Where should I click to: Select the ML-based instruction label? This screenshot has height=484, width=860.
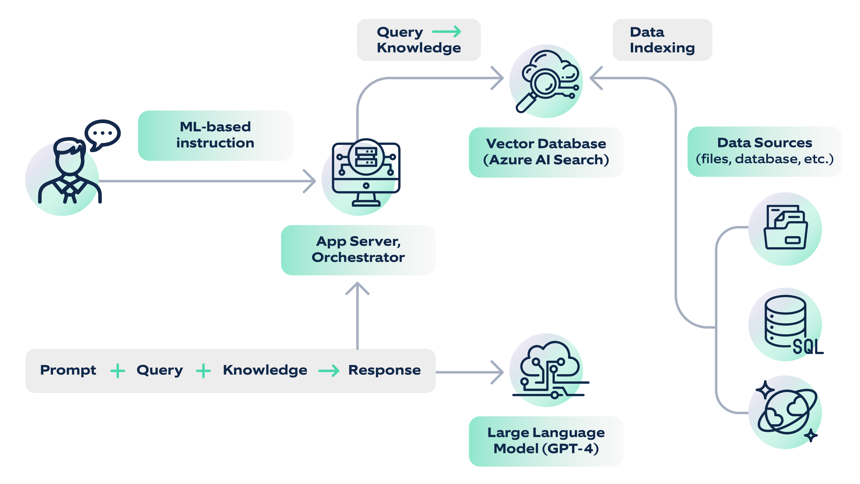(215, 135)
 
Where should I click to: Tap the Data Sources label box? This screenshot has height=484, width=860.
(765, 151)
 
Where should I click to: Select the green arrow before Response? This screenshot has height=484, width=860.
(329, 371)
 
